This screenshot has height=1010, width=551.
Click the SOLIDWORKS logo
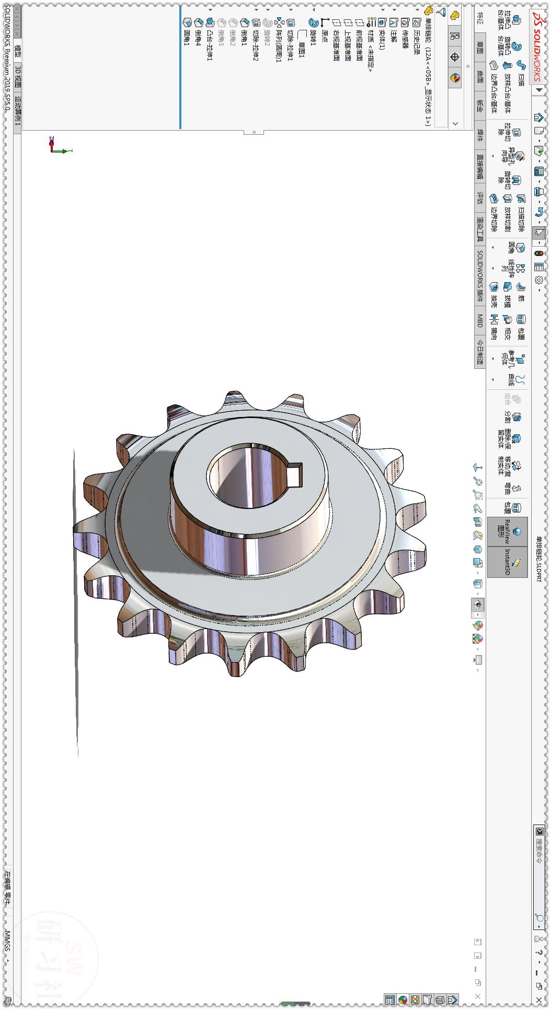click(x=537, y=47)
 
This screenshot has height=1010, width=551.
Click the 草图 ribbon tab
click(x=480, y=47)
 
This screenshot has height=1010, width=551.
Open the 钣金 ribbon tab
click(x=480, y=106)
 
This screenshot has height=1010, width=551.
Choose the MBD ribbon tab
click(x=480, y=320)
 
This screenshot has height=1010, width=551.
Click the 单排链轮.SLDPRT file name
click(x=539, y=559)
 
